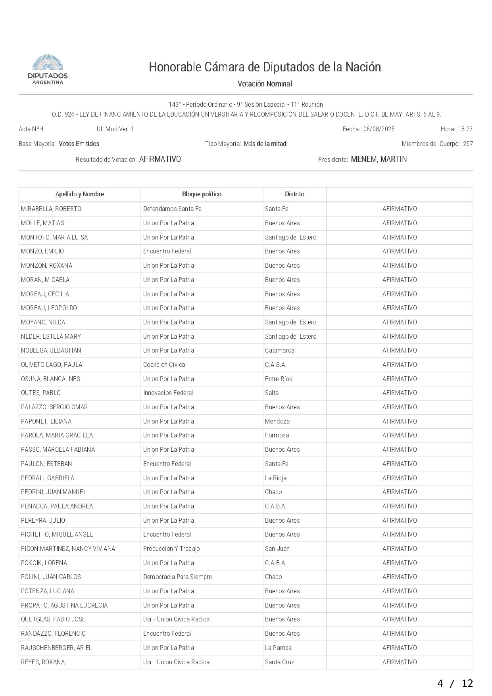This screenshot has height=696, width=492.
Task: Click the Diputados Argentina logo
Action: point(48,70)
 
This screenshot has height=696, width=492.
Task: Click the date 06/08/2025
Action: point(379,129)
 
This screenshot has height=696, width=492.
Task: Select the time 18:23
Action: point(465,129)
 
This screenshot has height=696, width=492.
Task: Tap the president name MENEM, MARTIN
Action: point(379,159)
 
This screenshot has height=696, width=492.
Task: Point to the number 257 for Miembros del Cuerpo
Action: point(468,144)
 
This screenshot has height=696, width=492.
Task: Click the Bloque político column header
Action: point(202,194)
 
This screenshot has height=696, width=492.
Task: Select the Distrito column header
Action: point(294,194)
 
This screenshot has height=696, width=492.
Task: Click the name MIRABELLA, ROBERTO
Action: point(51,209)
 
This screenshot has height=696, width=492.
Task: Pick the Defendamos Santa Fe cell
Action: point(172,209)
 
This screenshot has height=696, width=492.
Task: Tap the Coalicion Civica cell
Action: point(164,365)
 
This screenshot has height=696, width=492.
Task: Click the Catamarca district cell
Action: point(280,351)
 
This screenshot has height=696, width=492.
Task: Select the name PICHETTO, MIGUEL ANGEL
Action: point(57,535)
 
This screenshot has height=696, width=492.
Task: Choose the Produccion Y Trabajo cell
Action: point(171,549)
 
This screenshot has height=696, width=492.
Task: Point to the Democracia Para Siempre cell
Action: point(177,577)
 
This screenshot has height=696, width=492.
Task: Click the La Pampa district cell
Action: point(278,648)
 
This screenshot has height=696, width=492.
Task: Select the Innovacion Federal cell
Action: point(168,393)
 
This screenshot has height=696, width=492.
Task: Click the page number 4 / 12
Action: point(455,683)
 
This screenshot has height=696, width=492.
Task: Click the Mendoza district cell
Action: point(277,422)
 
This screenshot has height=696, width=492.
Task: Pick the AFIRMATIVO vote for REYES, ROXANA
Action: point(400,662)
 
